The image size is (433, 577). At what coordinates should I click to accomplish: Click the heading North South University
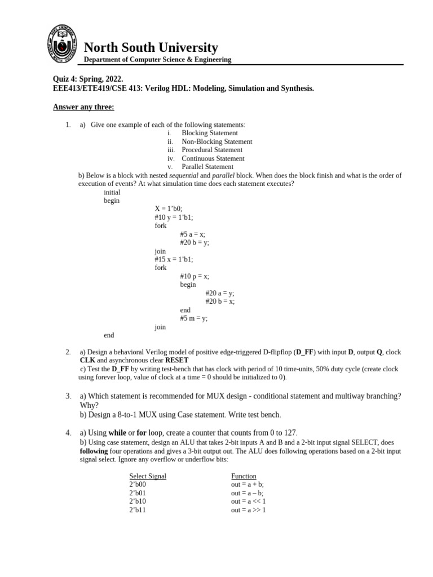coord(151,47)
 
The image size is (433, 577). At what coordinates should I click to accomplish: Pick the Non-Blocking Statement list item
coord(216,141)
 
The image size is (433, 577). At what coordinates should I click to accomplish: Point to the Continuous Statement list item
coord(213,158)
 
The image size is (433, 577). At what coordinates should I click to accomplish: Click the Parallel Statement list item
coord(207,167)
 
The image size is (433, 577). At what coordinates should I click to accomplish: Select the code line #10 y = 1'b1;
coord(177,217)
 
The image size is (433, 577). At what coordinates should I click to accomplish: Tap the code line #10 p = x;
coord(195,276)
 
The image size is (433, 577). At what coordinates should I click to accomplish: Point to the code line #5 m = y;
coord(193,318)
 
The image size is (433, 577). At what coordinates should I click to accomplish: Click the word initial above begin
coord(112,192)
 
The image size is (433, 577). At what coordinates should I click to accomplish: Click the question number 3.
coord(68,396)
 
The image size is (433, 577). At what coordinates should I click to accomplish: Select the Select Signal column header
coord(148,476)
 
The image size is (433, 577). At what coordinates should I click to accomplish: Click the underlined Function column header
coord(244,476)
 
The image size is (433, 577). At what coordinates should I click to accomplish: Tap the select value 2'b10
coord(138,501)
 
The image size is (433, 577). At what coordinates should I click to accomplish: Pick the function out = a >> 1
coord(248,510)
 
